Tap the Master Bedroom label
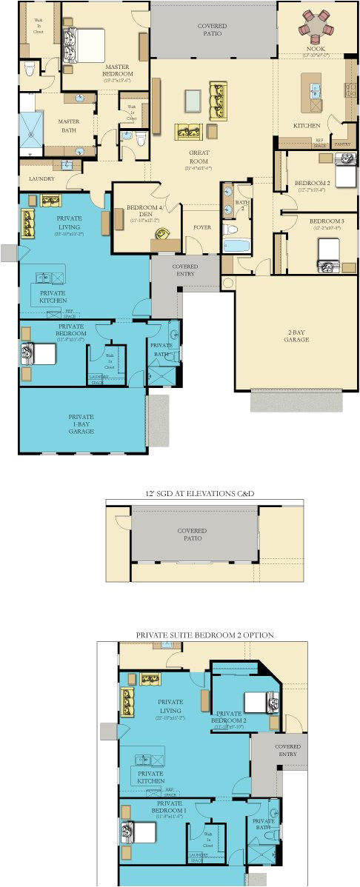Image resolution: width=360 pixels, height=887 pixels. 119,70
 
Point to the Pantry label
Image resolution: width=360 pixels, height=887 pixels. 341,144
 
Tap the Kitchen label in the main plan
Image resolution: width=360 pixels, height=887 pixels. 307,126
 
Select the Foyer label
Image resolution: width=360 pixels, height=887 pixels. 201,227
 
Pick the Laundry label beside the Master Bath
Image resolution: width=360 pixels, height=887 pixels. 41,179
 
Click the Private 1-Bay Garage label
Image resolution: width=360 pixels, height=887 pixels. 81,424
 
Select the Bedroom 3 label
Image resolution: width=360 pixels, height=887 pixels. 326,221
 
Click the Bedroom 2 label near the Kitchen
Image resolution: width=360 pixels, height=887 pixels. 312,183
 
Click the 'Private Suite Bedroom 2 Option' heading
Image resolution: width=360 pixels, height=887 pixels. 204,635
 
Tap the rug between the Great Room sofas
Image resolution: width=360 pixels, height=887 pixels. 193,100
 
